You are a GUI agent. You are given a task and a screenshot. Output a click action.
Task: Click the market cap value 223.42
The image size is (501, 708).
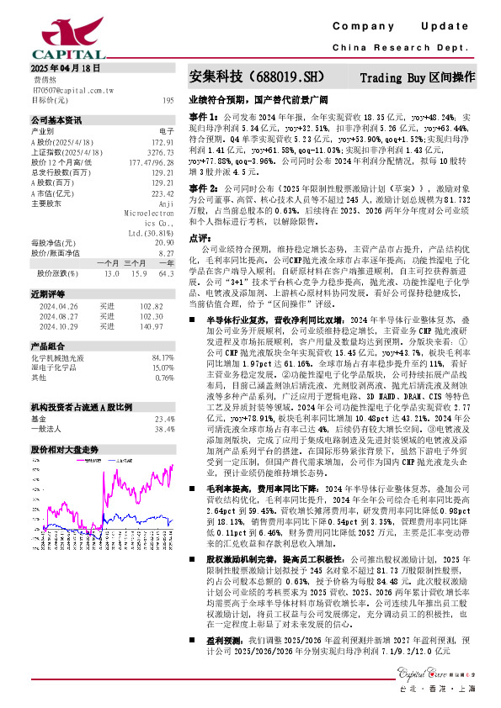(x=163, y=190)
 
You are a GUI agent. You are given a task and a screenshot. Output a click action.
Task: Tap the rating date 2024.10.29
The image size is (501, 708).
(x=56, y=325)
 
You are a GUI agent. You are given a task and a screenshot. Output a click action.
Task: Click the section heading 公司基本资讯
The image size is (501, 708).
(x=56, y=119)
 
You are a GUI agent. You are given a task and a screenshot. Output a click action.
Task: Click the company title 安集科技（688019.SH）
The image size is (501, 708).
(x=253, y=77)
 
